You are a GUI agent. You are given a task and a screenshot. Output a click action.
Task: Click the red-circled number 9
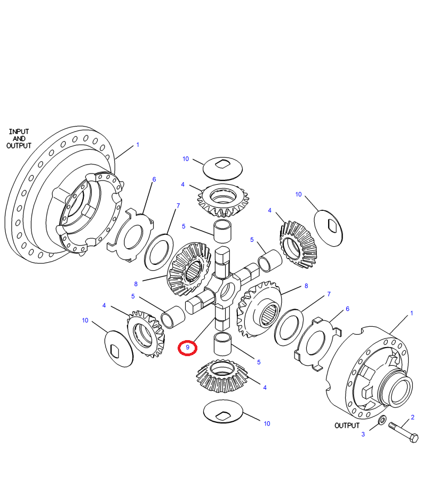pos(188,347)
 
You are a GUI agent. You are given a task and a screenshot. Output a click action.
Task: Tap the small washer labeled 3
pos(382,421)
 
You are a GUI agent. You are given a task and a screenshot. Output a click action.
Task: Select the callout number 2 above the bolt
pos(412,417)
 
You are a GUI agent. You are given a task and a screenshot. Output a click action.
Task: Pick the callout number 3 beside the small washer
pos(363,434)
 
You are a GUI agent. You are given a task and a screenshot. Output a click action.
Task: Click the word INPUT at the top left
pos(19,131)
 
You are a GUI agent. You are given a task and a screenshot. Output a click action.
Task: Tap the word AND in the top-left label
pos(19,138)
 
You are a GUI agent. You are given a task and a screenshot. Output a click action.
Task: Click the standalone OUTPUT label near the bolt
pos(347,426)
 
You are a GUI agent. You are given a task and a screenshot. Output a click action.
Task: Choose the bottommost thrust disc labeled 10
pos(223,411)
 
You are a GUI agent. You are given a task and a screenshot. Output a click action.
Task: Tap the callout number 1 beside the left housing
pos(137,145)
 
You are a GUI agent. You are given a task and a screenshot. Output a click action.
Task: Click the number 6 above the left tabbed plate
pos(154,179)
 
